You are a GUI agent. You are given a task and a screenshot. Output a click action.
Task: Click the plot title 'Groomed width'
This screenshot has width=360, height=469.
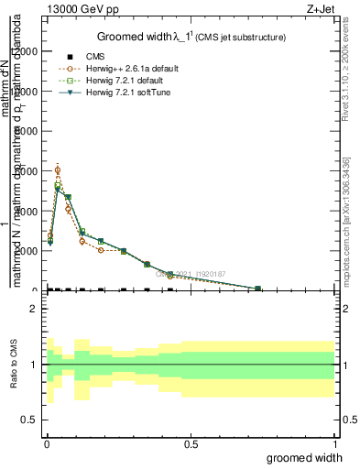click(x=138, y=37)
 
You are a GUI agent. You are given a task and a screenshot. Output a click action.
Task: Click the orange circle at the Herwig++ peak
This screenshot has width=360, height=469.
click(x=58, y=170)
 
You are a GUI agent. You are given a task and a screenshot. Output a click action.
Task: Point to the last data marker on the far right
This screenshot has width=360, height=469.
click(x=257, y=289)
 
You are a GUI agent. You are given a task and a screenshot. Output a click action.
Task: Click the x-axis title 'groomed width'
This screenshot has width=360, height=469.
click(x=304, y=457)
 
